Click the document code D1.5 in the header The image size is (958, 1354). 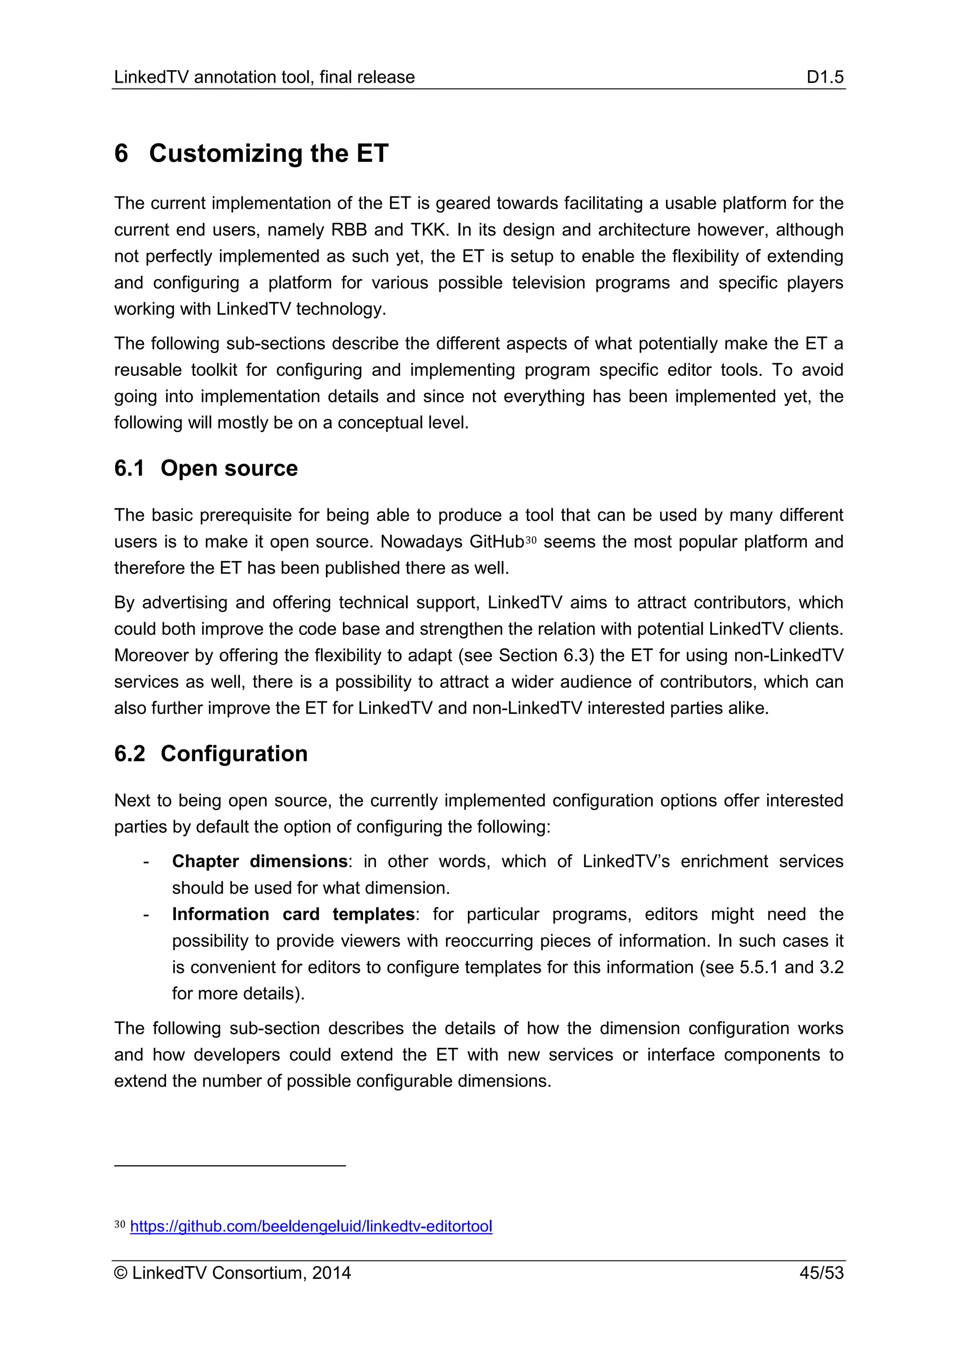825,77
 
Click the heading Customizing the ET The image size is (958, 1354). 269,153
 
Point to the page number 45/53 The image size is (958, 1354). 821,1273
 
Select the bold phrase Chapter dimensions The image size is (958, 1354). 260,861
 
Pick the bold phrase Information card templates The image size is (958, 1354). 293,914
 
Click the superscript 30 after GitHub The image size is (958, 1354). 530,539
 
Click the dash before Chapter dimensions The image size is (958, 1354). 145,862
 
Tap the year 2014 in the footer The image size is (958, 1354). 332,1273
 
